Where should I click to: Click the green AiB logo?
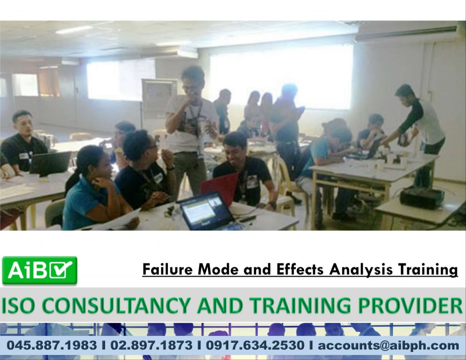coord(40,270)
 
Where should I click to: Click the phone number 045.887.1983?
coord(51,345)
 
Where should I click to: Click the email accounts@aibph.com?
coord(388,345)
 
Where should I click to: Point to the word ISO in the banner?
coord(17,306)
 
